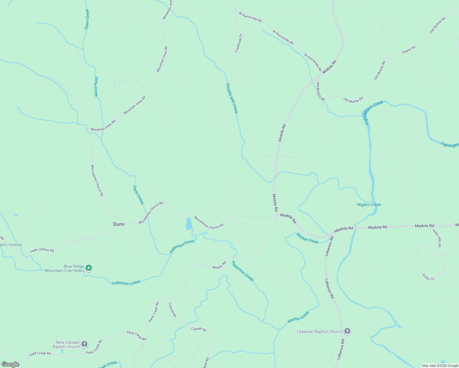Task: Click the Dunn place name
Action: coord(119,224)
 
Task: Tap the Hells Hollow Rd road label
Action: coord(42,250)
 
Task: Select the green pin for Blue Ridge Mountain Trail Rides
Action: coord(89,268)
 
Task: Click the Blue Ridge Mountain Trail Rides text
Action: coord(64,268)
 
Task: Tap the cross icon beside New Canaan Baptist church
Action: coord(84,344)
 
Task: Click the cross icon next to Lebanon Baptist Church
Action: coord(347,331)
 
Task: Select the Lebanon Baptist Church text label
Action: coord(319,332)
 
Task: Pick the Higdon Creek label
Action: coord(369,205)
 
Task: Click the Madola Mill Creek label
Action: coord(232,98)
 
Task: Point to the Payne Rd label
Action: coord(409,50)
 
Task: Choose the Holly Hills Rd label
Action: coord(437,238)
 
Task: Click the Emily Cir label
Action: coord(428,277)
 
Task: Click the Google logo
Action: coord(10,364)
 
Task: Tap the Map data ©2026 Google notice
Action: coord(440,366)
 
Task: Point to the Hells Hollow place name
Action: coord(11,245)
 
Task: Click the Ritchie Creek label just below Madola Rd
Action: coord(307,238)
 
